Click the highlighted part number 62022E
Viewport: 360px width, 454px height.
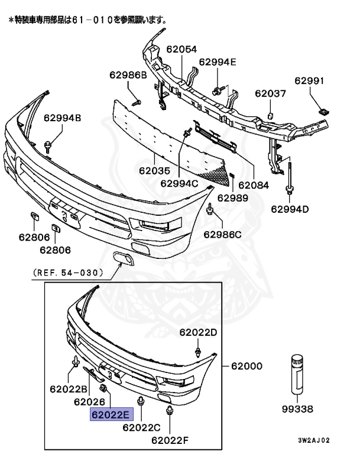click(x=111, y=415)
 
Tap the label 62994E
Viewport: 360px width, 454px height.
click(x=218, y=61)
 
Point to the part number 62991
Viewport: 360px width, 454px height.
click(x=309, y=82)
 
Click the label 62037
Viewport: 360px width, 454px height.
click(x=270, y=93)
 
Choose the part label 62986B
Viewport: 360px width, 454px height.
click(x=127, y=75)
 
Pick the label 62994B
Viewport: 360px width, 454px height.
click(x=62, y=118)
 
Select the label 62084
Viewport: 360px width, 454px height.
click(x=252, y=185)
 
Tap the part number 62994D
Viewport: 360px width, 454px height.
click(x=290, y=208)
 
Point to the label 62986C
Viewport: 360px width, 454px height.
click(x=223, y=235)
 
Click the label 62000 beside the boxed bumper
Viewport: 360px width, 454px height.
click(x=247, y=367)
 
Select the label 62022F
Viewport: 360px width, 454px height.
click(x=170, y=439)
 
